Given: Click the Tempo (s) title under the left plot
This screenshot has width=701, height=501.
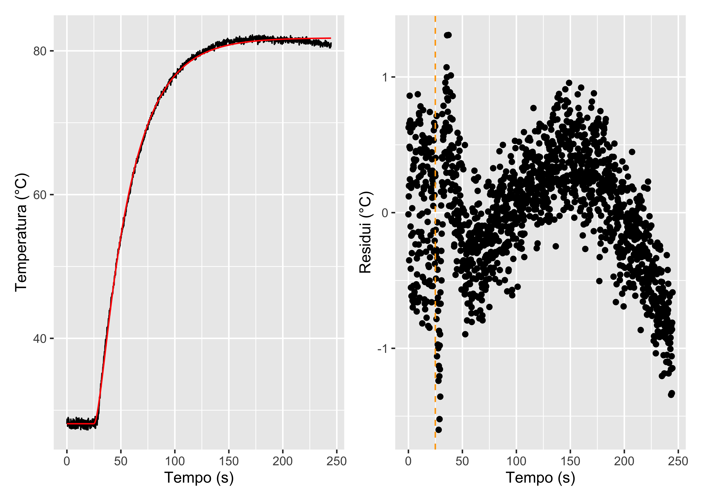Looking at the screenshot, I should (x=199, y=478).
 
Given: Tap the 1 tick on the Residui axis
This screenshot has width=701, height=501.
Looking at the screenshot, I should (x=385, y=77).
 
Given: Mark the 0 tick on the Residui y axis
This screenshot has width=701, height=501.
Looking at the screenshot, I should (x=385, y=213).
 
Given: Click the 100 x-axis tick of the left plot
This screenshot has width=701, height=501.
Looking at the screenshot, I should (x=175, y=461).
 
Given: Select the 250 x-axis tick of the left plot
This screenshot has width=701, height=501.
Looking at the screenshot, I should (x=337, y=461).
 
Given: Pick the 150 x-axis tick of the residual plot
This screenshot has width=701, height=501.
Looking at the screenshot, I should (x=570, y=461).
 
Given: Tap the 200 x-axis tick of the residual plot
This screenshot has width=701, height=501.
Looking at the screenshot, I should (x=624, y=461).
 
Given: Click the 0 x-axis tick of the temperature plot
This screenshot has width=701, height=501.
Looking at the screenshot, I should (x=67, y=461).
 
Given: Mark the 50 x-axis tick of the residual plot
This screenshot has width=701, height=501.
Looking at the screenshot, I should (x=462, y=461).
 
